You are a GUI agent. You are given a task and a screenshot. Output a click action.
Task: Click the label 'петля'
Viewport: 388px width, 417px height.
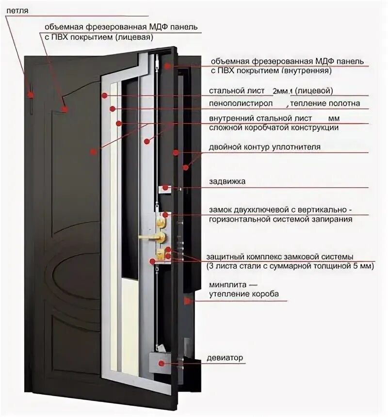tap(17, 10)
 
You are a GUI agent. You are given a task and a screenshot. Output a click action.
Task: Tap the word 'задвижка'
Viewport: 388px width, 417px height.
tap(227, 181)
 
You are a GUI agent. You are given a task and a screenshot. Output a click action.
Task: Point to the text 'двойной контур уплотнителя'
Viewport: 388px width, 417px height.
tap(265, 146)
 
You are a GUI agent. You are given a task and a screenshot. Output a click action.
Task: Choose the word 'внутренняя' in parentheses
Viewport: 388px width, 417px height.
tap(306, 71)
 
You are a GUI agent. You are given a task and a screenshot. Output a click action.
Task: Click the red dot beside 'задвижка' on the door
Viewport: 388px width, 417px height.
tap(165, 188)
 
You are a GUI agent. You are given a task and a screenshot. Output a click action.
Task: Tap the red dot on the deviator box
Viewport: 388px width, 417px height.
tap(161, 362)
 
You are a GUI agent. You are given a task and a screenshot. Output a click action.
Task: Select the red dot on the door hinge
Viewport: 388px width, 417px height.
tap(31, 95)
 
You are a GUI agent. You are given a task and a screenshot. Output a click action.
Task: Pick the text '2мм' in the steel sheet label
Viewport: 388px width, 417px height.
tap(280, 91)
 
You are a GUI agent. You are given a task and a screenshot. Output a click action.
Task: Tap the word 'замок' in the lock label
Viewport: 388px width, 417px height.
tap(221, 210)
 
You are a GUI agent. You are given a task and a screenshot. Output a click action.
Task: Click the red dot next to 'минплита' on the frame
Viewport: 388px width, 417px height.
tap(187, 301)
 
